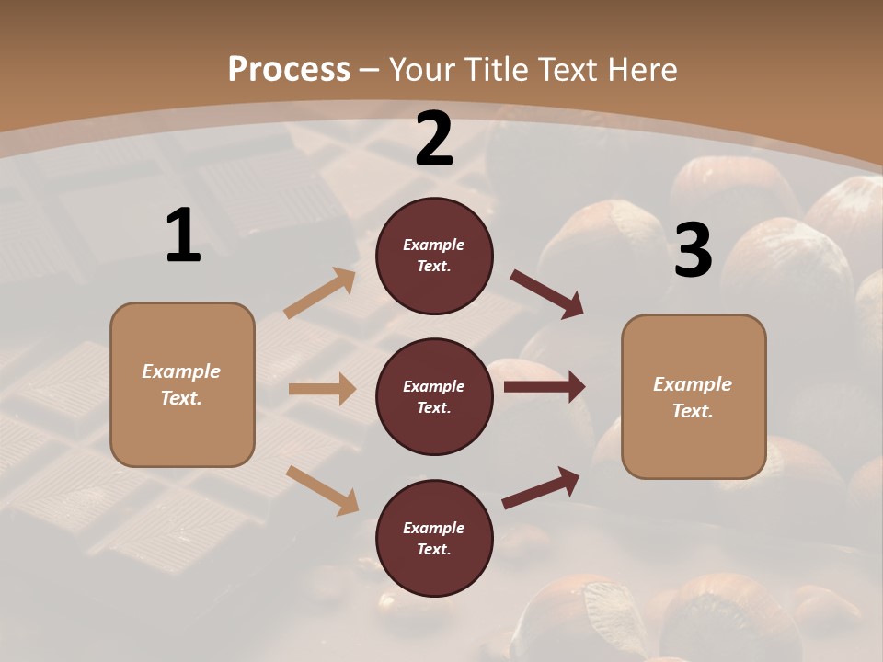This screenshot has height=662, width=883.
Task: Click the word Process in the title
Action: (x=289, y=69)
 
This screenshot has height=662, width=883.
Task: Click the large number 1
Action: (x=183, y=236)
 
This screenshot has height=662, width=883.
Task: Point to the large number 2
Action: (x=434, y=139)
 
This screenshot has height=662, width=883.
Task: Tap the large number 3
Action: (x=693, y=251)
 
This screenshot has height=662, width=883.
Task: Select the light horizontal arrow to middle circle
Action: (x=322, y=389)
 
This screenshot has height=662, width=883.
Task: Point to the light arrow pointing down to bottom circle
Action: (x=322, y=490)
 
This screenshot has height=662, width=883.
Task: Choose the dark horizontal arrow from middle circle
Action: (x=545, y=386)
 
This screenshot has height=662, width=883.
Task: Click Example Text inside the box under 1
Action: (x=181, y=384)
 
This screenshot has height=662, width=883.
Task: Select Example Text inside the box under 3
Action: (x=693, y=397)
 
